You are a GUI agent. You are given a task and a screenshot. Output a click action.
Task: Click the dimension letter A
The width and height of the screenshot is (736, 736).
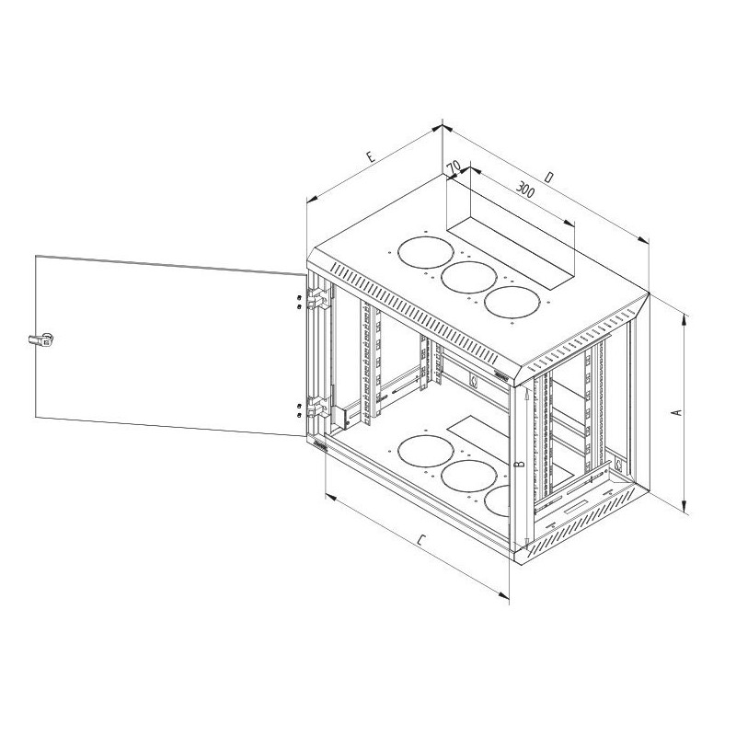coord(677,412)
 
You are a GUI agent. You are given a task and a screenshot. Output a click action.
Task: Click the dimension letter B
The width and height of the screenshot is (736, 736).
coord(520,465)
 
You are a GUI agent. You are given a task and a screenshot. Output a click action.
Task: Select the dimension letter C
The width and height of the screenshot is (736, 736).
coord(421,540)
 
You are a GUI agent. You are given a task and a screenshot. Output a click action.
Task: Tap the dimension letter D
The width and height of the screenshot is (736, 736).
coord(550,177)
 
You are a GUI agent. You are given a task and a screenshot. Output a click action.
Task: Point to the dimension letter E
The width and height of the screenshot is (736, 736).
coord(371,156)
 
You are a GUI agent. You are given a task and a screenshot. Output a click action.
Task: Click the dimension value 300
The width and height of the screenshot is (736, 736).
coord(525,190)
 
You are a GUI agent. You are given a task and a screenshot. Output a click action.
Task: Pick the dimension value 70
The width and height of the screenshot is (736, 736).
coord(453,167)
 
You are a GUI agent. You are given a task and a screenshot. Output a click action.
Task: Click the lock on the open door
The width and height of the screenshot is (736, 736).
coord(41,339)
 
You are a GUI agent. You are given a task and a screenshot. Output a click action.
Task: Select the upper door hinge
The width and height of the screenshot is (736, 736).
coord(318,297)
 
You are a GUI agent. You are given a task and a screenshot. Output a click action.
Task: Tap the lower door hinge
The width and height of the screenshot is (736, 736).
coord(318,407)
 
